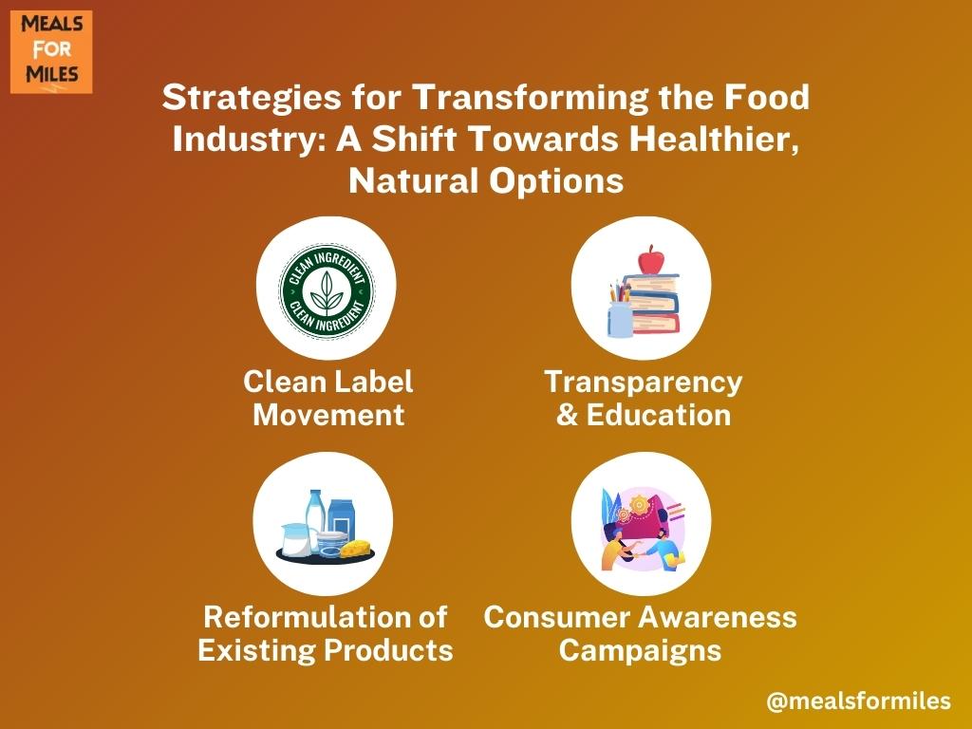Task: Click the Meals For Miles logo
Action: [x=51, y=52]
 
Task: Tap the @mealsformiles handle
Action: [x=858, y=701]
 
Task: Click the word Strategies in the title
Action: [x=252, y=98]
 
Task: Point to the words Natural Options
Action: [x=486, y=181]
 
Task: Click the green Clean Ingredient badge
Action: [x=327, y=290]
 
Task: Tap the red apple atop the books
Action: [x=651, y=259]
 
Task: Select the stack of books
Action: [x=653, y=304]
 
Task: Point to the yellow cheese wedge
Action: [x=355, y=548]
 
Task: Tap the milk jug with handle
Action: [x=296, y=539]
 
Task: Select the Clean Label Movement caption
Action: [x=327, y=398]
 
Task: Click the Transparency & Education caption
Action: [x=643, y=398]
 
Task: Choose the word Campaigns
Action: [x=641, y=651]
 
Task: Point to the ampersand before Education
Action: [x=568, y=415]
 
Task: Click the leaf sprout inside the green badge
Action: [x=327, y=290]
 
